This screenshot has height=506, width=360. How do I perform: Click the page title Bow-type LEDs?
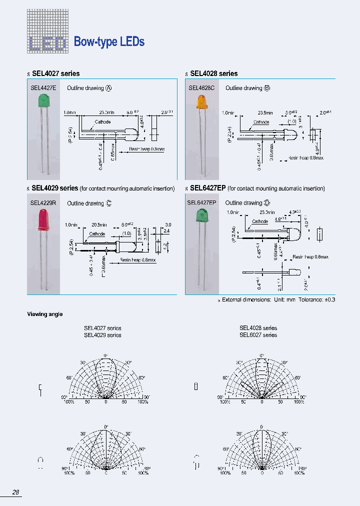(x=109, y=42)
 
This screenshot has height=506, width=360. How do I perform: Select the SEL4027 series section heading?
(x=55, y=73)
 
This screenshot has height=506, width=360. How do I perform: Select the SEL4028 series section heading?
(x=213, y=73)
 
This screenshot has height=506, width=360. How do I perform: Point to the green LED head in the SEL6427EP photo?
(x=202, y=216)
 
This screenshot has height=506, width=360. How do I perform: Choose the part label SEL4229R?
(x=43, y=203)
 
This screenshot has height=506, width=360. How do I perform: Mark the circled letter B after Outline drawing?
(x=267, y=88)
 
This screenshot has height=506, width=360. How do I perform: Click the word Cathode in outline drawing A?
(x=102, y=122)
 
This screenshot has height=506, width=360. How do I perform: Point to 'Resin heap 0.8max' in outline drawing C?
(x=138, y=260)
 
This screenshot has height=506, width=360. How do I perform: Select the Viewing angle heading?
(x=44, y=314)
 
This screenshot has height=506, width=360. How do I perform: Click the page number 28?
(x=16, y=492)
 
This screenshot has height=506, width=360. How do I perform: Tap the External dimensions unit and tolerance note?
(x=277, y=300)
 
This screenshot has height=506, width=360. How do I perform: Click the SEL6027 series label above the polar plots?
(x=258, y=335)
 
